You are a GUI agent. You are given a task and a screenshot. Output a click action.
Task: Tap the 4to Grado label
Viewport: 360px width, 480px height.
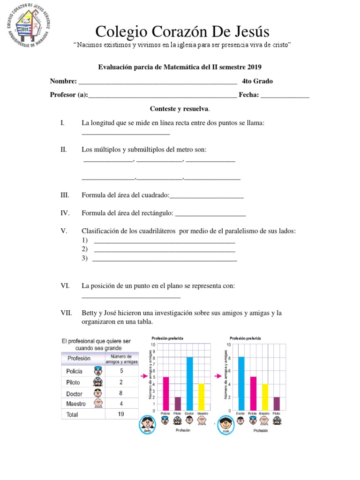pyautogui.click(x=257, y=81)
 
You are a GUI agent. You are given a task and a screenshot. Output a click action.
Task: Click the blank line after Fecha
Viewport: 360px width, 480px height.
pyautogui.click(x=285, y=95)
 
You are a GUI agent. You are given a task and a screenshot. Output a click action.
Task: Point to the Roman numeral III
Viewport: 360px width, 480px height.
pyautogui.click(x=65, y=195)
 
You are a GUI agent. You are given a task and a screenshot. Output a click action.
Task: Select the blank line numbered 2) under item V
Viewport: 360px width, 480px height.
pyautogui.click(x=165, y=249)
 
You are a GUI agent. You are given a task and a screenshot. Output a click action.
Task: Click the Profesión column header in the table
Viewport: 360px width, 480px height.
pyautogui.click(x=79, y=359)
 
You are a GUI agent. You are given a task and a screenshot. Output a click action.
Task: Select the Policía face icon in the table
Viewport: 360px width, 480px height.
pyautogui.click(x=97, y=371)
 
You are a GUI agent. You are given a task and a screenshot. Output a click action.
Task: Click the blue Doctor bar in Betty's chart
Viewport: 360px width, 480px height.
pyautogui.click(x=190, y=383)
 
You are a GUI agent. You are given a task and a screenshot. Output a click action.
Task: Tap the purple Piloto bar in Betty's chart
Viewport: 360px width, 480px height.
pyautogui.click(x=177, y=404)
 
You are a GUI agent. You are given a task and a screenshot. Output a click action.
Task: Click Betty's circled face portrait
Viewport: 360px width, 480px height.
pyautogui.click(x=149, y=426)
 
